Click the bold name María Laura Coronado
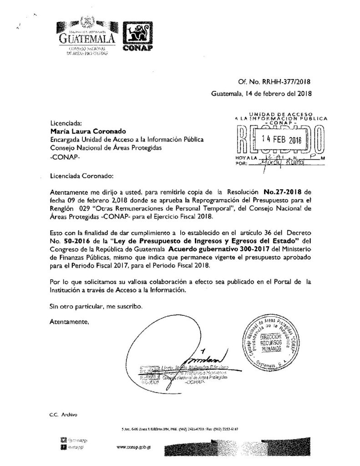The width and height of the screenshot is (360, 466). click(x=83, y=131)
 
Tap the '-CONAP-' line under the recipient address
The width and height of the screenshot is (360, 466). click(x=65, y=157)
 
